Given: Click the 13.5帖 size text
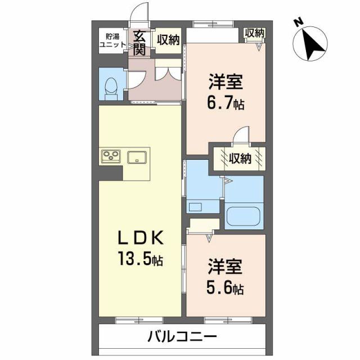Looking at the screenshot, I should [140, 260].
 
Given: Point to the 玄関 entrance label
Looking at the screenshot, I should [139, 43].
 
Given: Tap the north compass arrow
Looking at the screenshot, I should [313, 45].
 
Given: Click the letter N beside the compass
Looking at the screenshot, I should [298, 22].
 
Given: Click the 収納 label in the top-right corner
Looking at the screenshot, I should [254, 33].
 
